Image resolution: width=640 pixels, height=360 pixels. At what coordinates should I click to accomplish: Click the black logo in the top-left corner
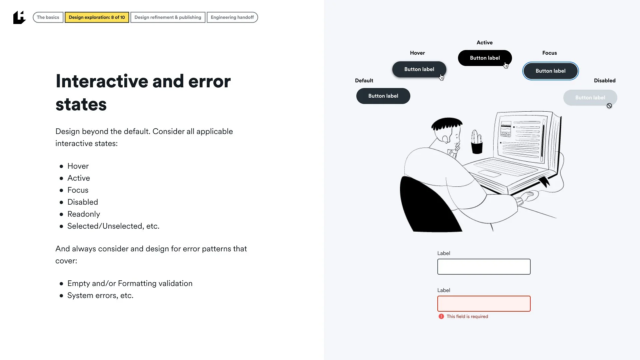point(19,17)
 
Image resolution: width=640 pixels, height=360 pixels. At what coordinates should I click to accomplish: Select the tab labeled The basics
point(48,17)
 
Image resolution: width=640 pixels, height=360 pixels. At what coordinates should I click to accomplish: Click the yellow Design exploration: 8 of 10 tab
point(97,17)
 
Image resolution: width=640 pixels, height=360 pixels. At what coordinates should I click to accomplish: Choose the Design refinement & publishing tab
point(168,17)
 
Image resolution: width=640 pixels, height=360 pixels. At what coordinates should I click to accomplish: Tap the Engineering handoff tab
point(232,17)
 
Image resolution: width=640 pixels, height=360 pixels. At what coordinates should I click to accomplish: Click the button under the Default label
point(383,96)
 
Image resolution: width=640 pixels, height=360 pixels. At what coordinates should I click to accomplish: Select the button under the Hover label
point(419,69)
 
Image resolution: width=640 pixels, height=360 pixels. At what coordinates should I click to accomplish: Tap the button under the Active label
point(485,58)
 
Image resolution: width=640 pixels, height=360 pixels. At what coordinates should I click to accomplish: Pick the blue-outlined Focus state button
point(550,71)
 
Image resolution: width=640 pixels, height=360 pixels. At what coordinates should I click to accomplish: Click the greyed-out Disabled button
point(590,98)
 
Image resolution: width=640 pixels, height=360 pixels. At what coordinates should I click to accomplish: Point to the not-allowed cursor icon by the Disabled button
point(609,106)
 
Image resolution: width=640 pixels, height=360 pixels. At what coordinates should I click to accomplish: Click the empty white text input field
point(484,267)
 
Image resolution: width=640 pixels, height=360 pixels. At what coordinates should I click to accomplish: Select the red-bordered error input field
point(484,304)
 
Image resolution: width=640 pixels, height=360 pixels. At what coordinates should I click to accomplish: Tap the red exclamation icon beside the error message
point(441,316)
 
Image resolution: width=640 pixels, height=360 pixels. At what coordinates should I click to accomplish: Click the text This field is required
point(467,316)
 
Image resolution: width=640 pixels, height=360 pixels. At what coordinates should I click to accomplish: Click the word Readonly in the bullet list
point(84,214)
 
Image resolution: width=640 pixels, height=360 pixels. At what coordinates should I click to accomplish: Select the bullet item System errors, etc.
point(100,295)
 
